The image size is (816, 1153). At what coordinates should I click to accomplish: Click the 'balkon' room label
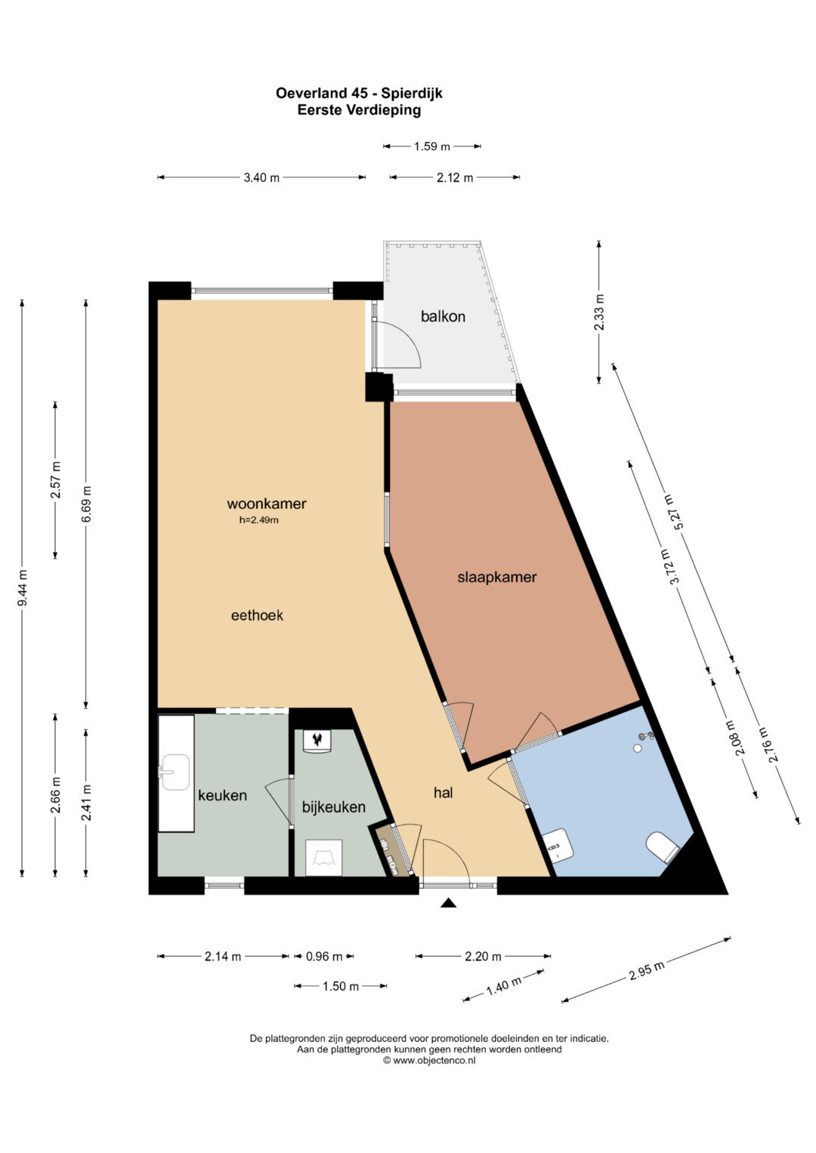(x=443, y=316)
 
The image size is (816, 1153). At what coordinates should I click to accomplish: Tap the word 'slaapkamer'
(x=496, y=578)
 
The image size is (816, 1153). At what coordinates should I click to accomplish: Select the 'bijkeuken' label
(x=334, y=807)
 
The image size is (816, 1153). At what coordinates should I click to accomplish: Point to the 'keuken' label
(x=223, y=795)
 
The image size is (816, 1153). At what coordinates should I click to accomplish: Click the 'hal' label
(x=443, y=793)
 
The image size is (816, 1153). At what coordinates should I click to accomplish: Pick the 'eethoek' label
(x=257, y=615)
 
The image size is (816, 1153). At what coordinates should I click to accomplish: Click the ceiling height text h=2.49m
(x=258, y=520)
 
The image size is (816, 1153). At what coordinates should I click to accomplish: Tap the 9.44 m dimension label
(x=22, y=587)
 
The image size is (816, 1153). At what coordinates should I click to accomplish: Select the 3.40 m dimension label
(x=261, y=178)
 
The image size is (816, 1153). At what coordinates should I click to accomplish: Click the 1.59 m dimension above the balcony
(x=432, y=146)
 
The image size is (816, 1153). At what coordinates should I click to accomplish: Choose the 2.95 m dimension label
(x=647, y=970)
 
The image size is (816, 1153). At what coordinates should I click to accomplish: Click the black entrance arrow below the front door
(x=449, y=902)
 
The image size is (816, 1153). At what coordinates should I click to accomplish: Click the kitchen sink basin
(x=176, y=772)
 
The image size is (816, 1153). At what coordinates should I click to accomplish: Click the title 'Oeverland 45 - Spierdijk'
(x=359, y=94)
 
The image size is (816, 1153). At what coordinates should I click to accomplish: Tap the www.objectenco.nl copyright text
(x=429, y=1061)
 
